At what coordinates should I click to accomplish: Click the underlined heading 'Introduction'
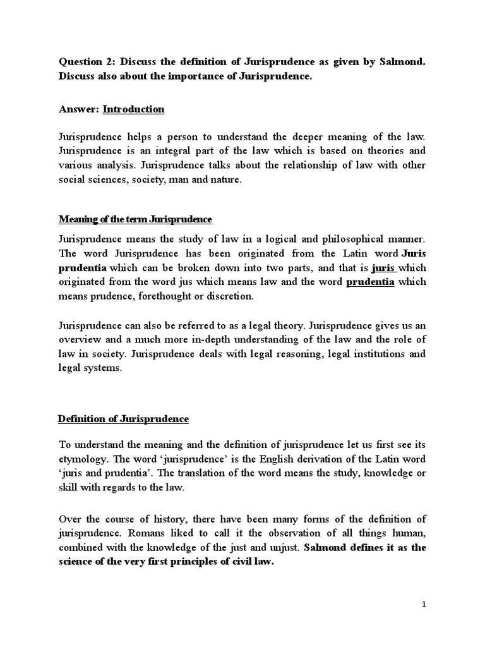[x=133, y=109]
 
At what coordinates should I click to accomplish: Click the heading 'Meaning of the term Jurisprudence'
[x=135, y=219]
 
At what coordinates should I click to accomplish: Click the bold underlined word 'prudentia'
[x=371, y=282]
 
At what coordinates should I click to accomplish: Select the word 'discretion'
[x=233, y=296]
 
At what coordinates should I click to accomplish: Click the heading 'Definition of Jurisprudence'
[x=123, y=419]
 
